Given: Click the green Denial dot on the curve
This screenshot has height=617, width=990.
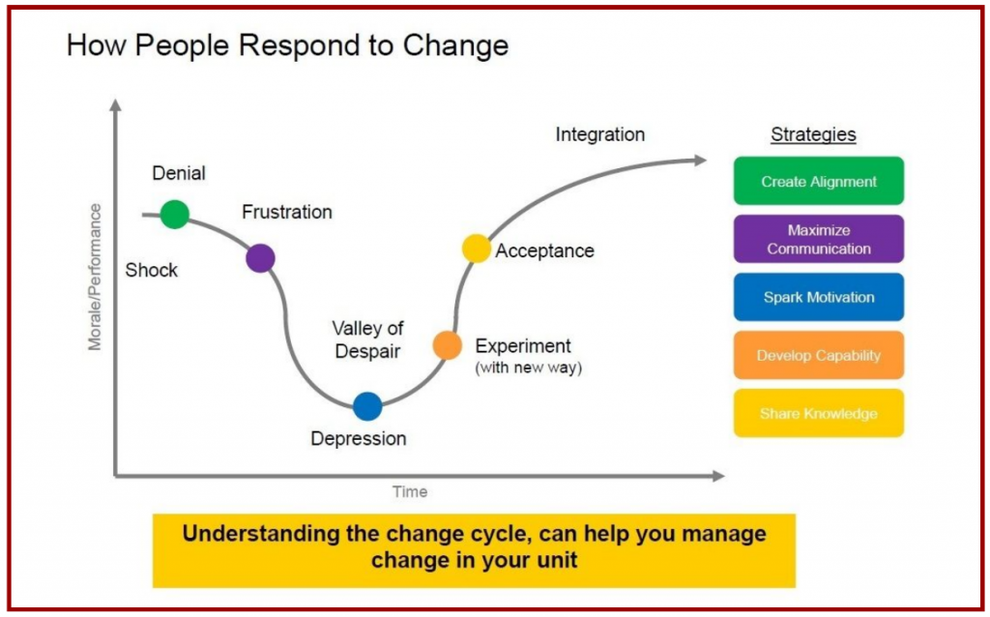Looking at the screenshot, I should (x=174, y=214).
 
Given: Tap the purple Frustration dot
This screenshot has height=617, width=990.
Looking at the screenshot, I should (x=260, y=258).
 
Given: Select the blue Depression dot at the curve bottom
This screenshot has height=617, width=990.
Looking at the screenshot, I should (x=367, y=406).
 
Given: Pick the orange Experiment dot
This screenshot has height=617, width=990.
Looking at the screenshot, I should (x=447, y=345).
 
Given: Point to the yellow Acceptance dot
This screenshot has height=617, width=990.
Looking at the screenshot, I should (x=477, y=249).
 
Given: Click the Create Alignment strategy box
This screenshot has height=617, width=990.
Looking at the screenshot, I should (x=818, y=181).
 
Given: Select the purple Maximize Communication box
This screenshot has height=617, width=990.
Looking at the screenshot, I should (x=818, y=239).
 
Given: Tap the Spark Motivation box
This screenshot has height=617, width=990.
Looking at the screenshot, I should (x=818, y=297).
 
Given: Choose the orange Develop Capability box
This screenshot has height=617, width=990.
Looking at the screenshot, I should (x=818, y=355).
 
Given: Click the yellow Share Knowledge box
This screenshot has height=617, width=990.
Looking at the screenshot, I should (x=818, y=413).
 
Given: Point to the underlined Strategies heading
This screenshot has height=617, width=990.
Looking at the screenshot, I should (x=813, y=135).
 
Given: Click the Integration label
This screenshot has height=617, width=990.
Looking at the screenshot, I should (x=599, y=134).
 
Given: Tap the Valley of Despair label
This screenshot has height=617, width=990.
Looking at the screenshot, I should (x=367, y=339).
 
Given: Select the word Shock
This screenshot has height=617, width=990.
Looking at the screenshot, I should (x=152, y=270).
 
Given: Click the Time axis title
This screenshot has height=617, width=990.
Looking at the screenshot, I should (x=410, y=491).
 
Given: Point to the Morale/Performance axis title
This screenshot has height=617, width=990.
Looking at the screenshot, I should (x=95, y=277).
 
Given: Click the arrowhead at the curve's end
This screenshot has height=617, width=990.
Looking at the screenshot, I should (x=713, y=160).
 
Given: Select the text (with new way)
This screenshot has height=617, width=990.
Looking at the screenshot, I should (x=528, y=367).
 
